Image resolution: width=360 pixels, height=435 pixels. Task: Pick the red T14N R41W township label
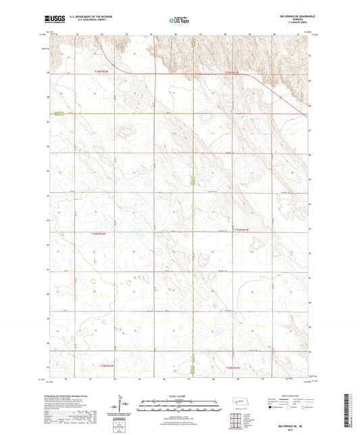point(242,231)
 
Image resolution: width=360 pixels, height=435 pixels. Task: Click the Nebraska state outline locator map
point(240,401)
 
